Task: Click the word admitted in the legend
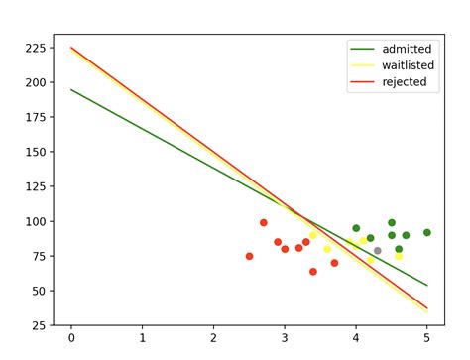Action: [x=407, y=49]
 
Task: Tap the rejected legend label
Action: [x=404, y=82]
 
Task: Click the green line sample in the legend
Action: [x=362, y=49]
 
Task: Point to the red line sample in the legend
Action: [x=362, y=82]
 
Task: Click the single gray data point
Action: [x=377, y=251]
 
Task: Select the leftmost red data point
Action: [x=249, y=256]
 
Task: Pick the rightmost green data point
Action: [x=427, y=232]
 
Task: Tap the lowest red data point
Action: [x=313, y=271]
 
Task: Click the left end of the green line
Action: [x=71, y=89]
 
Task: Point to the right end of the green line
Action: [x=427, y=286]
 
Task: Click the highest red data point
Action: [x=263, y=222]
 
